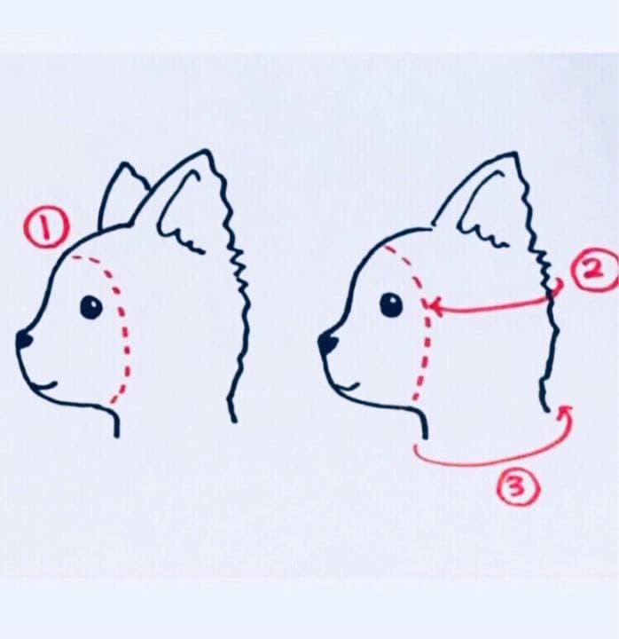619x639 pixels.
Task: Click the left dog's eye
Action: click(x=90, y=308)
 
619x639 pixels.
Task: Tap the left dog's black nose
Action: click(x=24, y=339)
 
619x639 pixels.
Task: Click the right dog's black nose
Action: click(x=327, y=341)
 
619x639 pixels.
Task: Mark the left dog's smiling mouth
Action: click(x=46, y=384)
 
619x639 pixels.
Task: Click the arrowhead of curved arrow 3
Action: click(x=564, y=409)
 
